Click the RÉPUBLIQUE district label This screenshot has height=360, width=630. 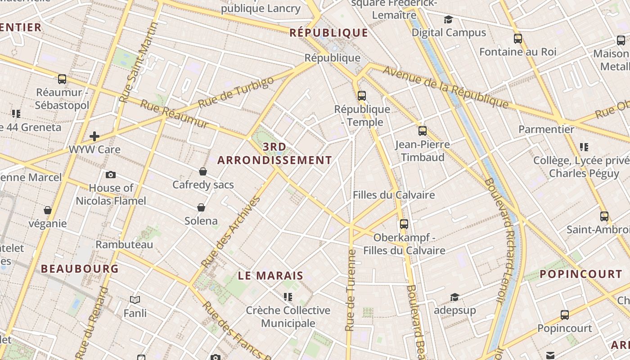pos(329,32)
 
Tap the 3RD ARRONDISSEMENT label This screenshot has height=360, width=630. pos(274,153)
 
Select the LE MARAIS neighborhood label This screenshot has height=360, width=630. pos(270,276)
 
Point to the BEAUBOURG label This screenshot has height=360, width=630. pos(80,269)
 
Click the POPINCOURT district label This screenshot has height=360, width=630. pos(580,274)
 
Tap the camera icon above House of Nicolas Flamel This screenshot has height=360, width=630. pos(111,175)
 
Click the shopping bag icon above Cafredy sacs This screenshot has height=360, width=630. pos(203,171)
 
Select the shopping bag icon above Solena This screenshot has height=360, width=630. pos(201,207)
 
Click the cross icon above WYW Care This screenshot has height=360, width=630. pos(94,136)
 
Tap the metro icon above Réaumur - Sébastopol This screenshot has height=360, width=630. pos(62,79)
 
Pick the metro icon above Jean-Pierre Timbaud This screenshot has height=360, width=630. pos(422,131)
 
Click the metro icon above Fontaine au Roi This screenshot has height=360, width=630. pos(518,39)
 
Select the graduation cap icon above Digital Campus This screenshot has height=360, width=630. pos(448,19)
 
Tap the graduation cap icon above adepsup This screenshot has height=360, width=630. pos(454,297)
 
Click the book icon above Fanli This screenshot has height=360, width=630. pos(135,300)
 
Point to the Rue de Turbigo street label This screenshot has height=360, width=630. pos(236,92)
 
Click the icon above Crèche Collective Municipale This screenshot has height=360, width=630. pos(288,297)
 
